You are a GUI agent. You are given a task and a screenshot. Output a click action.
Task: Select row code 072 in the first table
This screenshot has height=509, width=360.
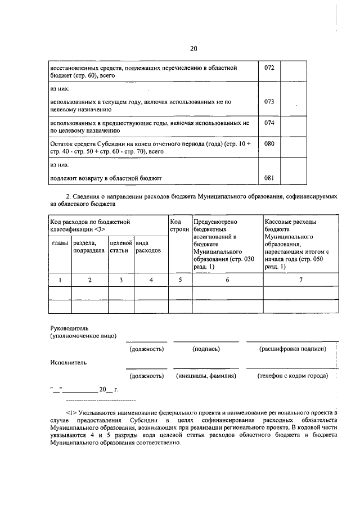click(269, 67)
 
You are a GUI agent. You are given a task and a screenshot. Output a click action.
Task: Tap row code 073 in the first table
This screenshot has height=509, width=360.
click(269, 102)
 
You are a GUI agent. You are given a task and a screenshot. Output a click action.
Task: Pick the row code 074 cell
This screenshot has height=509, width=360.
click(269, 122)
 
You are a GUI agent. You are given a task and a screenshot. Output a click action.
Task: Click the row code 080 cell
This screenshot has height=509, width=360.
click(269, 143)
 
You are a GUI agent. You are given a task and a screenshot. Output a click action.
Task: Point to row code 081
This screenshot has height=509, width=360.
click(269, 178)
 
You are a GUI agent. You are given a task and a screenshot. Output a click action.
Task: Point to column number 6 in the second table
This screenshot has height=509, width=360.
click(227, 280)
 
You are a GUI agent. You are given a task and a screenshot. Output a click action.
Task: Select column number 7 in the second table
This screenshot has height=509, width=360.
click(300, 280)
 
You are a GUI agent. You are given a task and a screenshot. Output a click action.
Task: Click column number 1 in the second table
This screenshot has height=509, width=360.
click(60, 280)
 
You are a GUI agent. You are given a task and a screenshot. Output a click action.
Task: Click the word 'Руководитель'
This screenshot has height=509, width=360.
click(69, 327)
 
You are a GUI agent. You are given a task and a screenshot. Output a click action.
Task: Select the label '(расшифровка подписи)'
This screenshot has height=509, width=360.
click(292, 349)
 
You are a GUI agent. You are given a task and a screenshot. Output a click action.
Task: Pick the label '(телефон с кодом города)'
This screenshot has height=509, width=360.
click(292, 375)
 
